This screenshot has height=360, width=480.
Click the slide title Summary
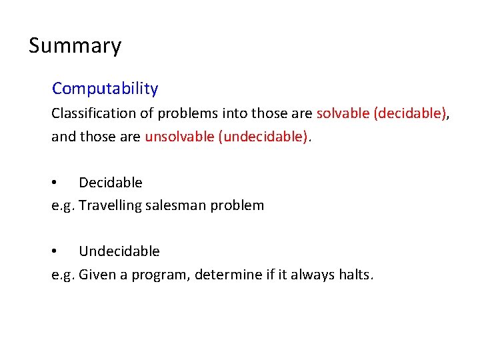click(75, 46)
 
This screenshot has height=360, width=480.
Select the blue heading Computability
click(105, 89)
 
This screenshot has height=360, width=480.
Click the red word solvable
click(343, 113)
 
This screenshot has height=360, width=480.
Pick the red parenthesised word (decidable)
click(409, 113)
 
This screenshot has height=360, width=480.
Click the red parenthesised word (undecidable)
click(263, 137)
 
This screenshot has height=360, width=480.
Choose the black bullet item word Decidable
click(110, 183)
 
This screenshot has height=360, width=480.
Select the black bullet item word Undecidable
click(119, 251)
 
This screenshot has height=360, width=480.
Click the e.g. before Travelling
click(63, 206)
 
